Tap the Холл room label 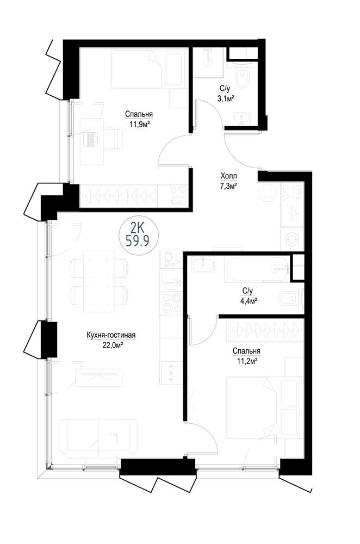(x=228, y=176)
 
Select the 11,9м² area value (x=139, y=124)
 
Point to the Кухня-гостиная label (x=110, y=335)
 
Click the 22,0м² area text (x=110, y=345)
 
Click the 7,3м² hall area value (x=228, y=186)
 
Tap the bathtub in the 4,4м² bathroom (x=256, y=269)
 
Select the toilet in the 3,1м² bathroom (x=242, y=78)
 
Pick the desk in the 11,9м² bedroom (x=91, y=141)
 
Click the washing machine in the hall (x=293, y=238)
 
